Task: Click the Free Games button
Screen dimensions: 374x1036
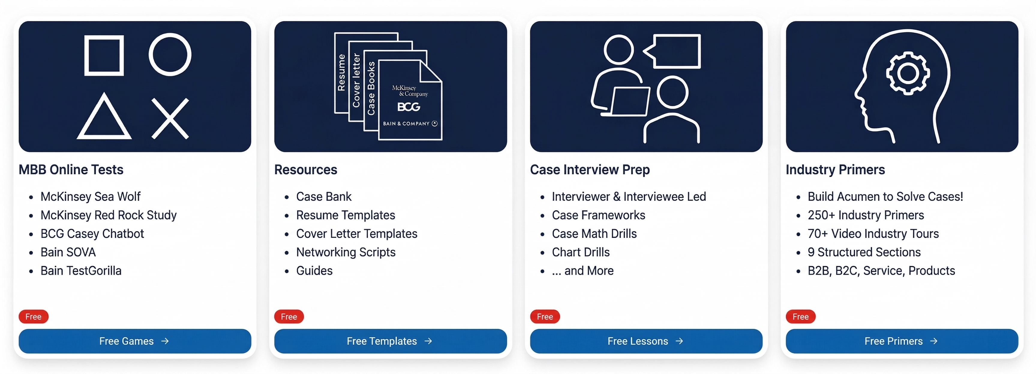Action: coord(134,341)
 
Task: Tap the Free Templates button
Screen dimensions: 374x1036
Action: coord(390,341)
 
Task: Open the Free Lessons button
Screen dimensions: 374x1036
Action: coord(646,341)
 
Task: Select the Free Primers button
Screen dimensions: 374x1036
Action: coord(902,341)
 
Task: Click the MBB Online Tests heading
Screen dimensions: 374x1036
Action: coord(71,170)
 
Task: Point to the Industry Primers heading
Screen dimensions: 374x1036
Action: coord(835,170)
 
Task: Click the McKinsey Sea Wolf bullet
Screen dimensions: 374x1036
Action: coord(91,197)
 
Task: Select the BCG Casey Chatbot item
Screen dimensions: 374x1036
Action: coord(92,233)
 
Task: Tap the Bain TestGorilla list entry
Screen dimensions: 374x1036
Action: coord(81,270)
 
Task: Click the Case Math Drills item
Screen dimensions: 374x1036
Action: coord(594,233)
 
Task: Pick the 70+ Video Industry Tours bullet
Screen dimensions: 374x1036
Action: coord(873,233)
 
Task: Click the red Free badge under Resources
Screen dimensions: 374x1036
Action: coord(289,316)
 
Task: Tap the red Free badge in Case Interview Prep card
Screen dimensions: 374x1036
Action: coord(544,316)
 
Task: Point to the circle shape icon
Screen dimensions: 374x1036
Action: coord(170,55)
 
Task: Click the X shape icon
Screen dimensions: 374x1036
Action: coord(170,118)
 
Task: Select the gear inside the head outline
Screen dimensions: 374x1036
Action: coord(908,73)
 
